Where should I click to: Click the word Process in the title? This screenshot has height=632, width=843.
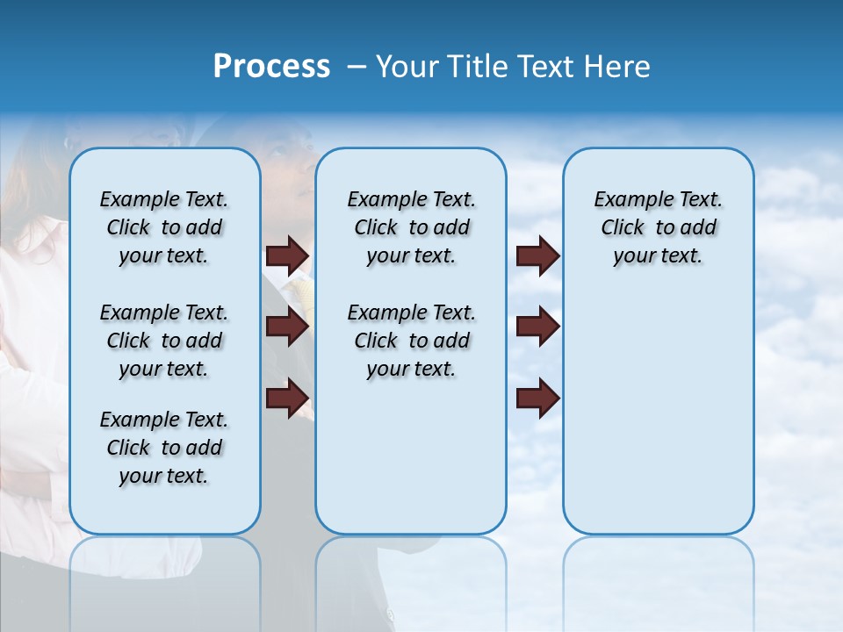click(x=271, y=67)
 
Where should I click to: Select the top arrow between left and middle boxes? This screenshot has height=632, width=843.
click(x=287, y=256)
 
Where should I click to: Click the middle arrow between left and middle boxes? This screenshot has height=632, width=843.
click(x=287, y=327)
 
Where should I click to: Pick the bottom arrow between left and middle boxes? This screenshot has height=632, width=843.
click(x=287, y=399)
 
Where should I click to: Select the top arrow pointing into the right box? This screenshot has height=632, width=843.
click(x=537, y=256)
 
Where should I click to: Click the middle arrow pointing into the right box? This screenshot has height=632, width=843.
click(x=537, y=327)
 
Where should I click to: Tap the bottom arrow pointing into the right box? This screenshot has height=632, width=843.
click(x=537, y=399)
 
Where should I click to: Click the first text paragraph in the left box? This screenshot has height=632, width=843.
click(x=164, y=227)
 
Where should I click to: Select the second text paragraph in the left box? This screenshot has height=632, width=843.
click(x=164, y=341)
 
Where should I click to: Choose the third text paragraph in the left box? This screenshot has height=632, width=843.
click(x=164, y=448)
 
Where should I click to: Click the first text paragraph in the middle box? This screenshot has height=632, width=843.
click(x=411, y=227)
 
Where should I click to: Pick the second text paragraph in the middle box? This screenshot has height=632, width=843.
click(x=411, y=341)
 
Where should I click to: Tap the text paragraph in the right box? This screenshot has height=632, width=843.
click(x=659, y=227)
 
